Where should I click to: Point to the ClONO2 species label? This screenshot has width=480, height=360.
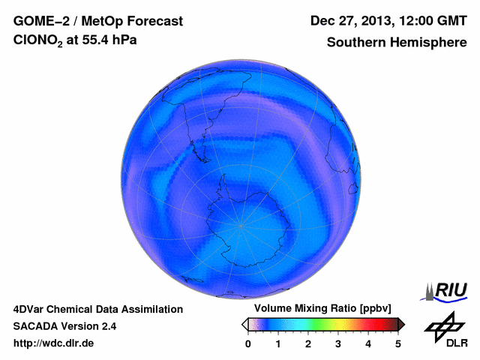click(x=41, y=43)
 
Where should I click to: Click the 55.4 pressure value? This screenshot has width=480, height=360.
click(x=100, y=42)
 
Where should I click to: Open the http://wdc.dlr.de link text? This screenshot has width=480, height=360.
click(x=54, y=343)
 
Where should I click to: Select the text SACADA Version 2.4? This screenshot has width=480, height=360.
click(x=64, y=326)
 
